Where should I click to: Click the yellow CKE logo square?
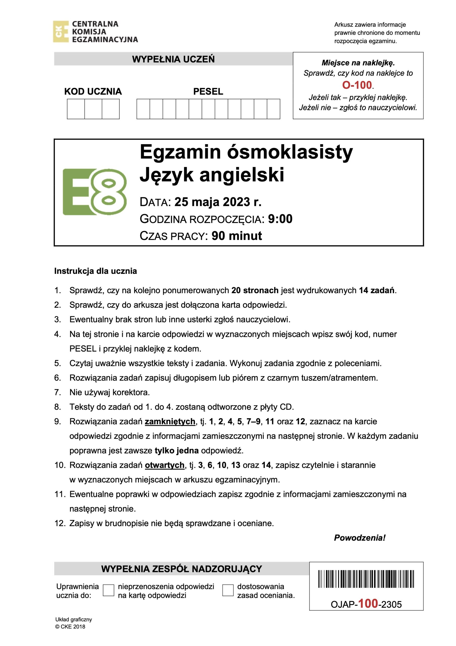coord(61,32)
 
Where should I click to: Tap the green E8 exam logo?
coord(94,192)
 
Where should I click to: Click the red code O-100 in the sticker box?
coord(357,85)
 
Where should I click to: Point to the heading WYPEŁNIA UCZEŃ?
coord(173,59)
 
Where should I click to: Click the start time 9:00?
coord(280,219)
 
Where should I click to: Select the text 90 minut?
coord(237,236)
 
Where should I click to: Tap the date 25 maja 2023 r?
coord(218,202)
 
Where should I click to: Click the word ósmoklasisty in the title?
coord(290,152)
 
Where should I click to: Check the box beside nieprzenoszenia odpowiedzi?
coord(108,590)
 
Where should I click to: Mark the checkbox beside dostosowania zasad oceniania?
coord(228,590)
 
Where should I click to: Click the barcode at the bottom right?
coord(366,579)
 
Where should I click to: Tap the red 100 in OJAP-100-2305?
coord(368,604)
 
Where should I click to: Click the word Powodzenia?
coord(360,538)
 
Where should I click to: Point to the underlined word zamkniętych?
coord(170,421)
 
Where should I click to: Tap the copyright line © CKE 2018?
coord(70,627)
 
